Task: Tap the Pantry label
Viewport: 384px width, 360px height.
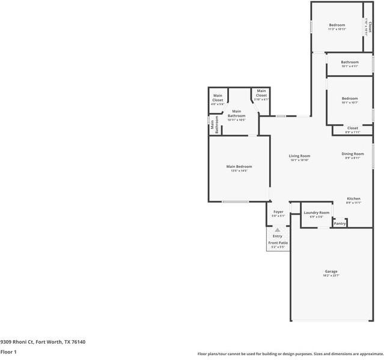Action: point(340,224)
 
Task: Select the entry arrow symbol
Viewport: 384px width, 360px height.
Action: point(277,230)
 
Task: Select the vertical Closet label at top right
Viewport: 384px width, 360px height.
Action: point(370,27)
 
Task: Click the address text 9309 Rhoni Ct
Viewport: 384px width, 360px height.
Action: point(43,342)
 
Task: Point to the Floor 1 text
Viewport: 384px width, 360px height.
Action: point(8,352)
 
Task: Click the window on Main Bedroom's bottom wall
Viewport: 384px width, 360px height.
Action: point(235,201)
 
